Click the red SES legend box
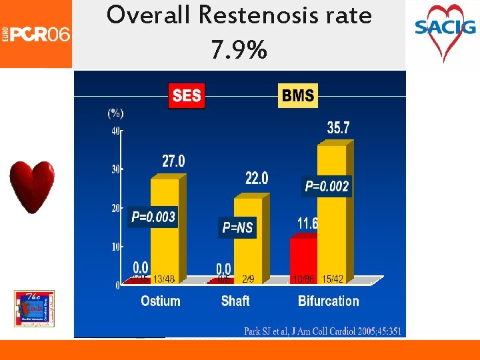click(x=186, y=95)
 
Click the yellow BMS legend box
click(x=298, y=95)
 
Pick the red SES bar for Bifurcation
click(x=303, y=257)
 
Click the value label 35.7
click(x=338, y=128)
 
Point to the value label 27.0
click(x=173, y=161)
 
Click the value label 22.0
click(x=257, y=178)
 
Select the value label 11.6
click(x=307, y=223)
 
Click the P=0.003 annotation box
click(x=153, y=217)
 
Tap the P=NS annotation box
click(x=237, y=228)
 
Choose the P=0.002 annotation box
click(x=327, y=187)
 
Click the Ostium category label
click(x=161, y=301)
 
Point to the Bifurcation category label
click(x=328, y=301)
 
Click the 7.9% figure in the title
click(x=239, y=49)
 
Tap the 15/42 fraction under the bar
click(x=333, y=279)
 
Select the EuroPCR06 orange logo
click(x=36, y=33)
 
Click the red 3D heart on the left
click(x=31, y=187)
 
